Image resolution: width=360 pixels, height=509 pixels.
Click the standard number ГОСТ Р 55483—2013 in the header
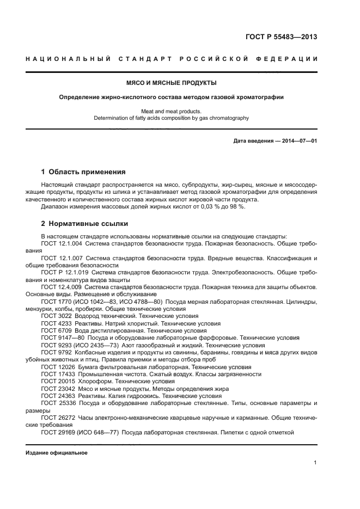[x=282, y=38]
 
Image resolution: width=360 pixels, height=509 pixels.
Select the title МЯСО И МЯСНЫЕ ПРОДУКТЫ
[x=172, y=83]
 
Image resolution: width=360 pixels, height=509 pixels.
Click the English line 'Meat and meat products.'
[x=172, y=111]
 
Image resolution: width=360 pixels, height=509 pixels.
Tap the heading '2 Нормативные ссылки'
[x=85, y=224]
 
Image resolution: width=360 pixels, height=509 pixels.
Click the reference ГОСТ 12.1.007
[x=61, y=257]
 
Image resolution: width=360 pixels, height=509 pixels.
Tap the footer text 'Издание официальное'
[x=57, y=453]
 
